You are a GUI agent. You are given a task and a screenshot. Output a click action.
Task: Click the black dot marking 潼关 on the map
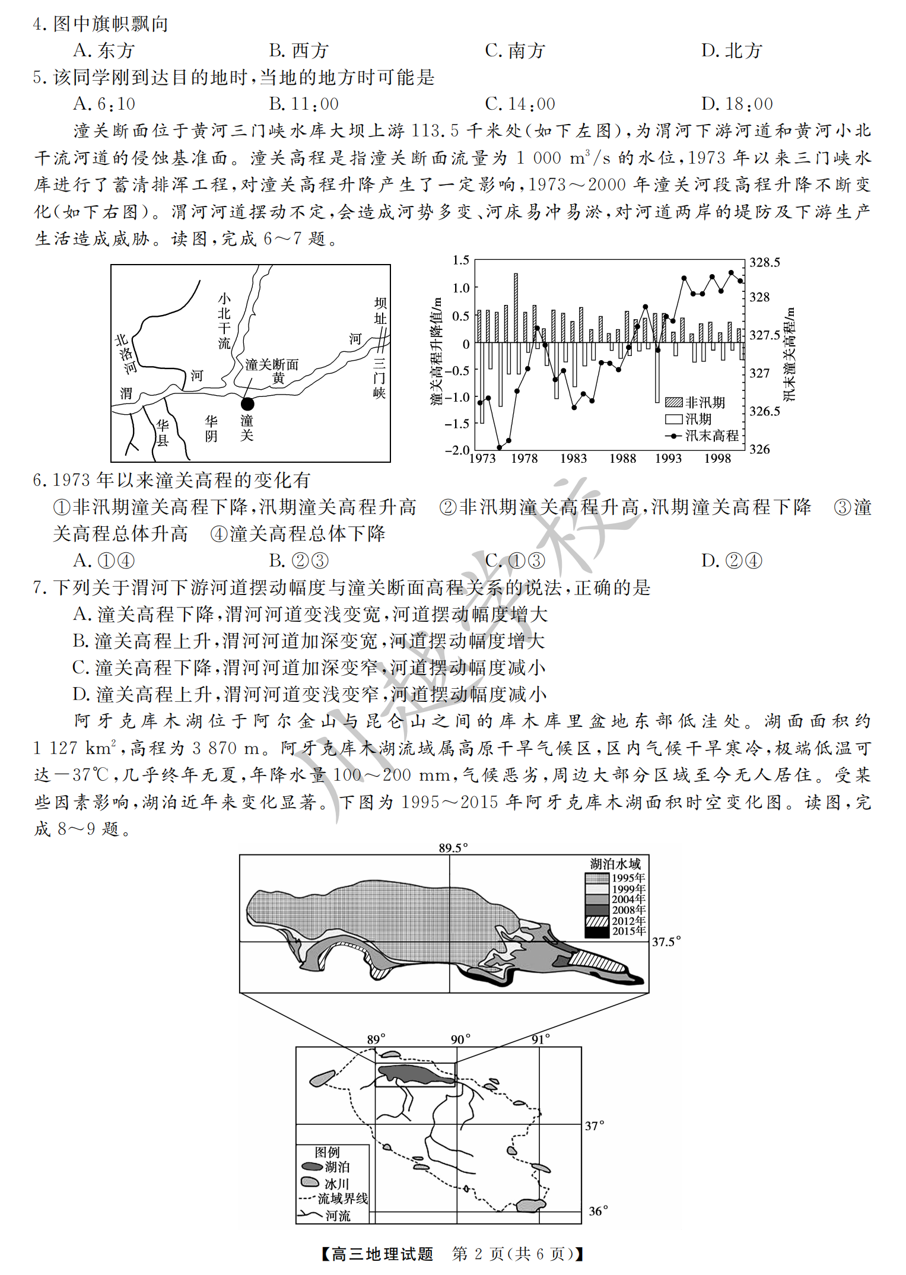[x=247, y=404]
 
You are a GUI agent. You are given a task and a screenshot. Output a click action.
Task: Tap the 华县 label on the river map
[x=162, y=433]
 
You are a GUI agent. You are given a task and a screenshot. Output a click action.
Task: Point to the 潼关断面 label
[x=272, y=364]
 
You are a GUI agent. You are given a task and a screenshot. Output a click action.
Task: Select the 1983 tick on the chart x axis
[x=573, y=459]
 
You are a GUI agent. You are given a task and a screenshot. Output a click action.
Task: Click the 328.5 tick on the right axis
[x=765, y=262]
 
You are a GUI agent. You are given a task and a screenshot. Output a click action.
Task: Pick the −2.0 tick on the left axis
[x=457, y=450]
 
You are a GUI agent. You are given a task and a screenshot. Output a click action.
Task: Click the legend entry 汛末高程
[x=711, y=435]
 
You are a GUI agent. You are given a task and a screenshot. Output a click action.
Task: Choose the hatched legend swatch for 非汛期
[x=673, y=402]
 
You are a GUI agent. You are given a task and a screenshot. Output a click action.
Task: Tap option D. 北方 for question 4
[x=731, y=51]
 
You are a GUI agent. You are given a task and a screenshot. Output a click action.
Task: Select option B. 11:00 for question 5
[x=304, y=104]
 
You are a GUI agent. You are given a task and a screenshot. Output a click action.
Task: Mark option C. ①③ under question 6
[x=514, y=561]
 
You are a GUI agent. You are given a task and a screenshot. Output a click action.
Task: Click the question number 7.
[x=39, y=588]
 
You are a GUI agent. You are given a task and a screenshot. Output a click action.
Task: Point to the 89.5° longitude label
[x=453, y=848]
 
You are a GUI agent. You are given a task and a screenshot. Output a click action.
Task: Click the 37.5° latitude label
[x=666, y=942]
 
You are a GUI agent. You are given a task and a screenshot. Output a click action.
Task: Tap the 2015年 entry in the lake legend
[x=628, y=931]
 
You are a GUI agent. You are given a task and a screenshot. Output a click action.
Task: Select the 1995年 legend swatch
[x=597, y=878]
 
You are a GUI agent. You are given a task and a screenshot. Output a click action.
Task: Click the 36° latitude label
[x=598, y=1211]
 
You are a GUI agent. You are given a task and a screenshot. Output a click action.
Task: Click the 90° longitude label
[x=460, y=1039]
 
